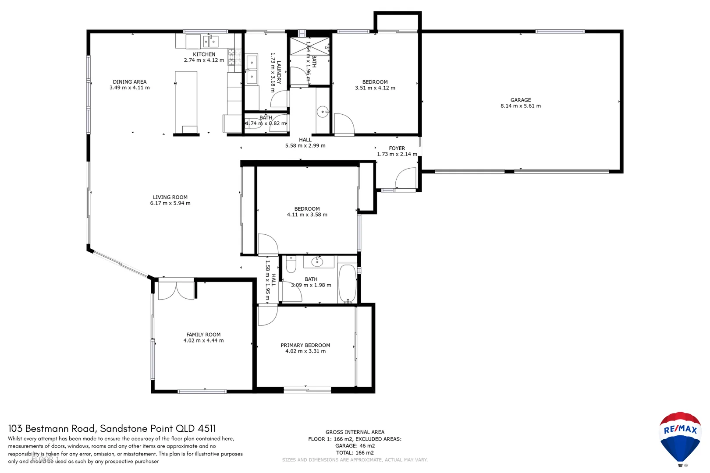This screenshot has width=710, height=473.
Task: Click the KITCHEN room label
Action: coord(204,54)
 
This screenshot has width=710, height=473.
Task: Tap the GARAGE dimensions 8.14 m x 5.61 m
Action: coord(520,106)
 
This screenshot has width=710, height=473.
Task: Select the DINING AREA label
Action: coord(129,82)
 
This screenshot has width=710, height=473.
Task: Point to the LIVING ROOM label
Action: coord(170,198)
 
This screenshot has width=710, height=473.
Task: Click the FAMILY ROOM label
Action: coord(203,335)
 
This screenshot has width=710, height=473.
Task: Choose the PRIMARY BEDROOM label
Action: coord(305,346)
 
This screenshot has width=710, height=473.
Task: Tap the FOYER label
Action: coord(397,148)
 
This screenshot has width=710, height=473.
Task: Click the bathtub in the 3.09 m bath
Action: coord(348,283)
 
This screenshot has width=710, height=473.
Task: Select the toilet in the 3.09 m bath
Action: coord(291,265)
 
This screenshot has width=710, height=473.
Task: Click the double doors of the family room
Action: coord(176,291)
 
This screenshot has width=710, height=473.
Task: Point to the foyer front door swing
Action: coord(405,179)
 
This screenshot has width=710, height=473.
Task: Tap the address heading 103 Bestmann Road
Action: coord(112,428)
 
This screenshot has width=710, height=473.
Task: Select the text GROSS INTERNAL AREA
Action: coord(355,432)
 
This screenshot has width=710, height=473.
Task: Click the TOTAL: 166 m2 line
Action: coord(355,453)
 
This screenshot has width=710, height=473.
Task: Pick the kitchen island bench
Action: coord(186,102)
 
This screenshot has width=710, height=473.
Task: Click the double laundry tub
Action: coord(252,69)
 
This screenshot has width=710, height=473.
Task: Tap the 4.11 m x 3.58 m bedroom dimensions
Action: coord(307,215)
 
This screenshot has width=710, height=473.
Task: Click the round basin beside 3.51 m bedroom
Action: coord(323,112)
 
